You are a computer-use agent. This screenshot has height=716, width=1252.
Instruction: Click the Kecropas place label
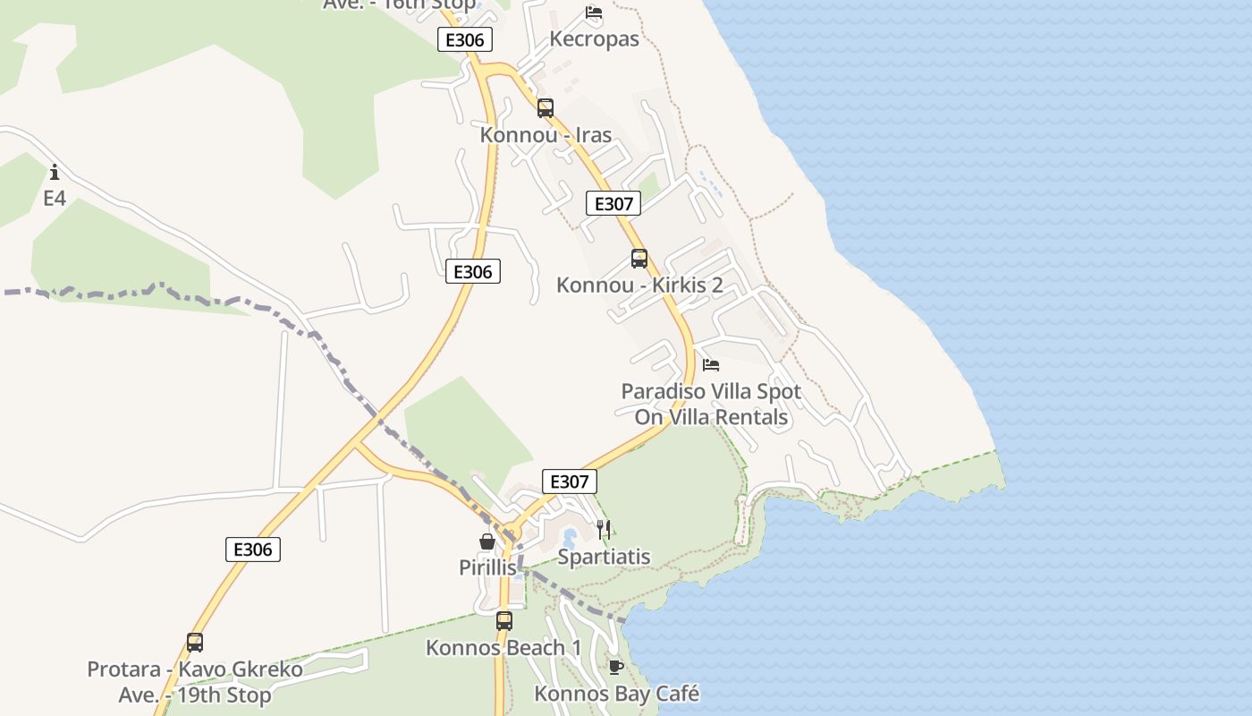595,39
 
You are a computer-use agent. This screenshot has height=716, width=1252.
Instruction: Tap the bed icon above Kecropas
594,13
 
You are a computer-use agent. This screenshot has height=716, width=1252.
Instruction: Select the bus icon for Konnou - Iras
546,108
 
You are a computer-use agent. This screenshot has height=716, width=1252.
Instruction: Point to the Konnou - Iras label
546,135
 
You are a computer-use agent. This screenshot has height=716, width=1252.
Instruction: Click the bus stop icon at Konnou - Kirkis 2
639,259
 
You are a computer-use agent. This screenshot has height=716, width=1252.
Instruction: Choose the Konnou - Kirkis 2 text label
639,286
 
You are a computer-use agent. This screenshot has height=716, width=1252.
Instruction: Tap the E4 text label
55,198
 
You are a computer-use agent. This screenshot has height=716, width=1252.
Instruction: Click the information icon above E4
55,172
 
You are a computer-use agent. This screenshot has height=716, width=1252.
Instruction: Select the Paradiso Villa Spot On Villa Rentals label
711,404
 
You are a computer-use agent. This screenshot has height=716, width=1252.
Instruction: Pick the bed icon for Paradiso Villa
711,365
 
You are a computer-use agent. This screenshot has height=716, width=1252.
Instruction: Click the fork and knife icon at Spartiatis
604,530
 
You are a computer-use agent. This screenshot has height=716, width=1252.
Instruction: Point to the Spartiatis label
604,557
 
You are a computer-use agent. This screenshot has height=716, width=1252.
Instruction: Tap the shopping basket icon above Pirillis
487,541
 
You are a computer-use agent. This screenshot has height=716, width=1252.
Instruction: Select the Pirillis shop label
487,567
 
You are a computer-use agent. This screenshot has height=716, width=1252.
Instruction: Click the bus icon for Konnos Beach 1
504,620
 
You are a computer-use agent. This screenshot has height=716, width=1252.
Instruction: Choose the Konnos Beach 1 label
503,647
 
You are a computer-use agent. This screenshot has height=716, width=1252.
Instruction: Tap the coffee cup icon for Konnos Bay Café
615,667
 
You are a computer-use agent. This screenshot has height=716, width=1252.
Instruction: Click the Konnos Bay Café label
616,694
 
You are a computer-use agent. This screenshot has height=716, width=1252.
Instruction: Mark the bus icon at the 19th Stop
195,642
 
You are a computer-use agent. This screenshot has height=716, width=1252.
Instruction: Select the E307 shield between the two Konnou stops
613,203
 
